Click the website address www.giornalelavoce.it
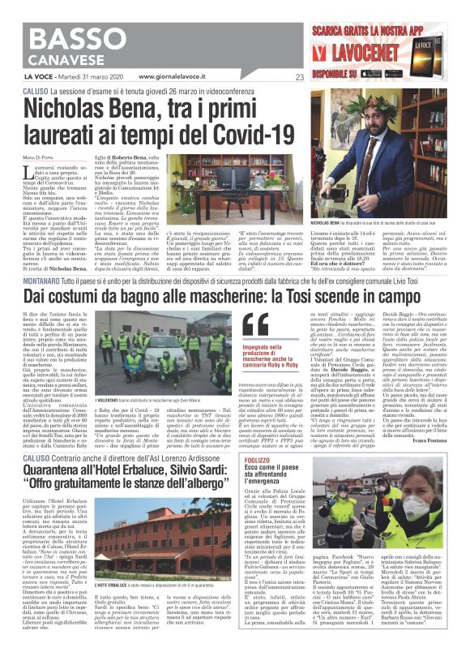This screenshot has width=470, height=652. point(173,77)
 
